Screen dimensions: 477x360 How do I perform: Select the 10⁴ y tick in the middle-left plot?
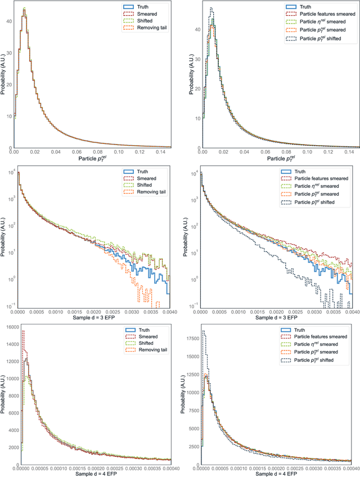point(11,172)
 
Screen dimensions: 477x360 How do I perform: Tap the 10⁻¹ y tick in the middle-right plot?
point(195,305)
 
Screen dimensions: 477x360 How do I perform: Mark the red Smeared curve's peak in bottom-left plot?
point(22,330)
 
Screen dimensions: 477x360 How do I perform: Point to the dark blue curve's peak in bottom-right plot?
point(203,331)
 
